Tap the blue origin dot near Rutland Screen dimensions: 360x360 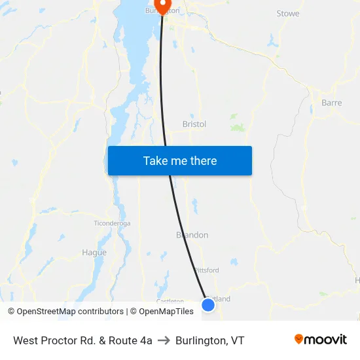(208, 304)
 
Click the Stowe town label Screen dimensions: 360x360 (288, 14)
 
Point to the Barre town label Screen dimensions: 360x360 (331, 103)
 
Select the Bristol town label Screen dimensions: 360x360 (194, 124)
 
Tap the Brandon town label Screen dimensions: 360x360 (192, 235)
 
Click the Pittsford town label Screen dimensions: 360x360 (206, 270)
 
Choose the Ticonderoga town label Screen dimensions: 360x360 (113, 223)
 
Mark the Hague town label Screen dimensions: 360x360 (94, 253)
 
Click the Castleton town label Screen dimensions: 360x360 (170, 301)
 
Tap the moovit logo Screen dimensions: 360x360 (320, 340)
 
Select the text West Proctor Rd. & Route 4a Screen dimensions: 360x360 (82, 340)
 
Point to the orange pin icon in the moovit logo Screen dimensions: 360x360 (299, 339)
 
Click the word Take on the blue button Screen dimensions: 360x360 (155, 160)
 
